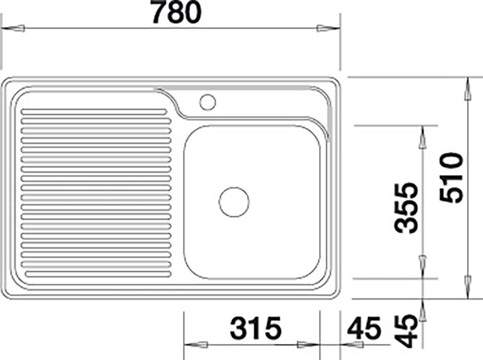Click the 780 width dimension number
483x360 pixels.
tap(177, 12)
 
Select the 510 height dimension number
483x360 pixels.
tap(451, 178)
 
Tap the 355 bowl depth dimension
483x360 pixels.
tap(407, 208)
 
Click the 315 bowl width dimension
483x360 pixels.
tap(256, 328)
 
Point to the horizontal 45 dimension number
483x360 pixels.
tap(364, 328)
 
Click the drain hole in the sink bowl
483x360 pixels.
tap(234, 202)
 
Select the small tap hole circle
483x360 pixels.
tap(208, 102)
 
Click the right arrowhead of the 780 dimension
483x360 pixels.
tap(329, 28)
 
